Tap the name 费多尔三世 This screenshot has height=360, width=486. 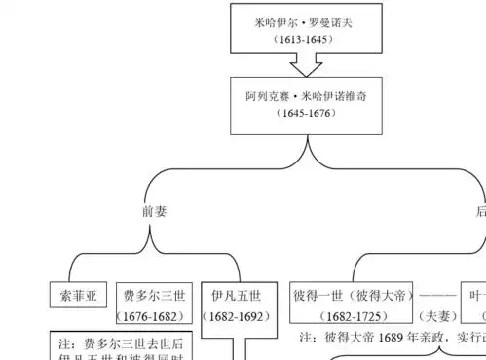coord(152,296)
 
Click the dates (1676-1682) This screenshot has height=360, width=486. coord(152,317)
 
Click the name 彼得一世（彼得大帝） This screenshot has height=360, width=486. coord(354,296)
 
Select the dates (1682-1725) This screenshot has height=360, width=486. coord(354,317)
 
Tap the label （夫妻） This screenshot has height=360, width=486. coord(437,317)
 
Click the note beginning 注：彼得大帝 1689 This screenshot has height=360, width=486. coord(390,338)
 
